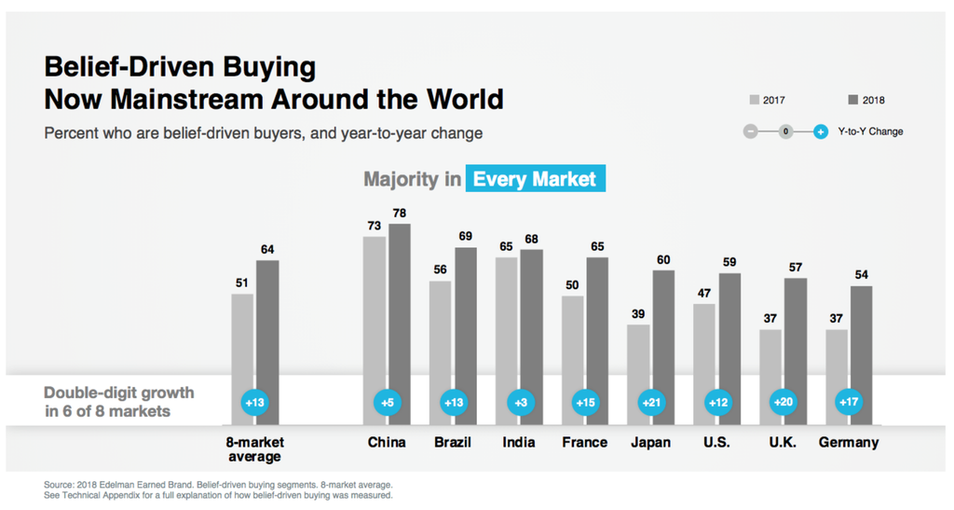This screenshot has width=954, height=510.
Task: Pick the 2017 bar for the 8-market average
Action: click(x=242, y=336)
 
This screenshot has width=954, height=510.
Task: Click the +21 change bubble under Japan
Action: click(x=650, y=403)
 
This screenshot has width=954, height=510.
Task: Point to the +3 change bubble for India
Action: click(x=519, y=403)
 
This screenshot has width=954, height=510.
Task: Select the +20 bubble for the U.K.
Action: click(x=783, y=403)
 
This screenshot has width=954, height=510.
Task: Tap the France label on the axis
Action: click(x=585, y=442)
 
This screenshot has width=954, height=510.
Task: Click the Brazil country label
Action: click(x=453, y=442)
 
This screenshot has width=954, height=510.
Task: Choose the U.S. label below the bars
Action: click(x=716, y=442)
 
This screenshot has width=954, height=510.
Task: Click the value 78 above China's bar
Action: click(x=400, y=214)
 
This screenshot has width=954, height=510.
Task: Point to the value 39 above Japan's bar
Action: click(x=638, y=314)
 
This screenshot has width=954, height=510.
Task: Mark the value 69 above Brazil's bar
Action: click(x=466, y=237)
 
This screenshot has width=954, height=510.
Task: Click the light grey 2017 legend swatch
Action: click(x=754, y=101)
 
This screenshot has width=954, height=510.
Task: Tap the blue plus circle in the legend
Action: click(x=820, y=131)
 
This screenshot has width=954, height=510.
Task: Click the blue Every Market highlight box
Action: click(x=536, y=179)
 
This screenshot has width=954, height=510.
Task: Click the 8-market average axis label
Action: click(x=254, y=448)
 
